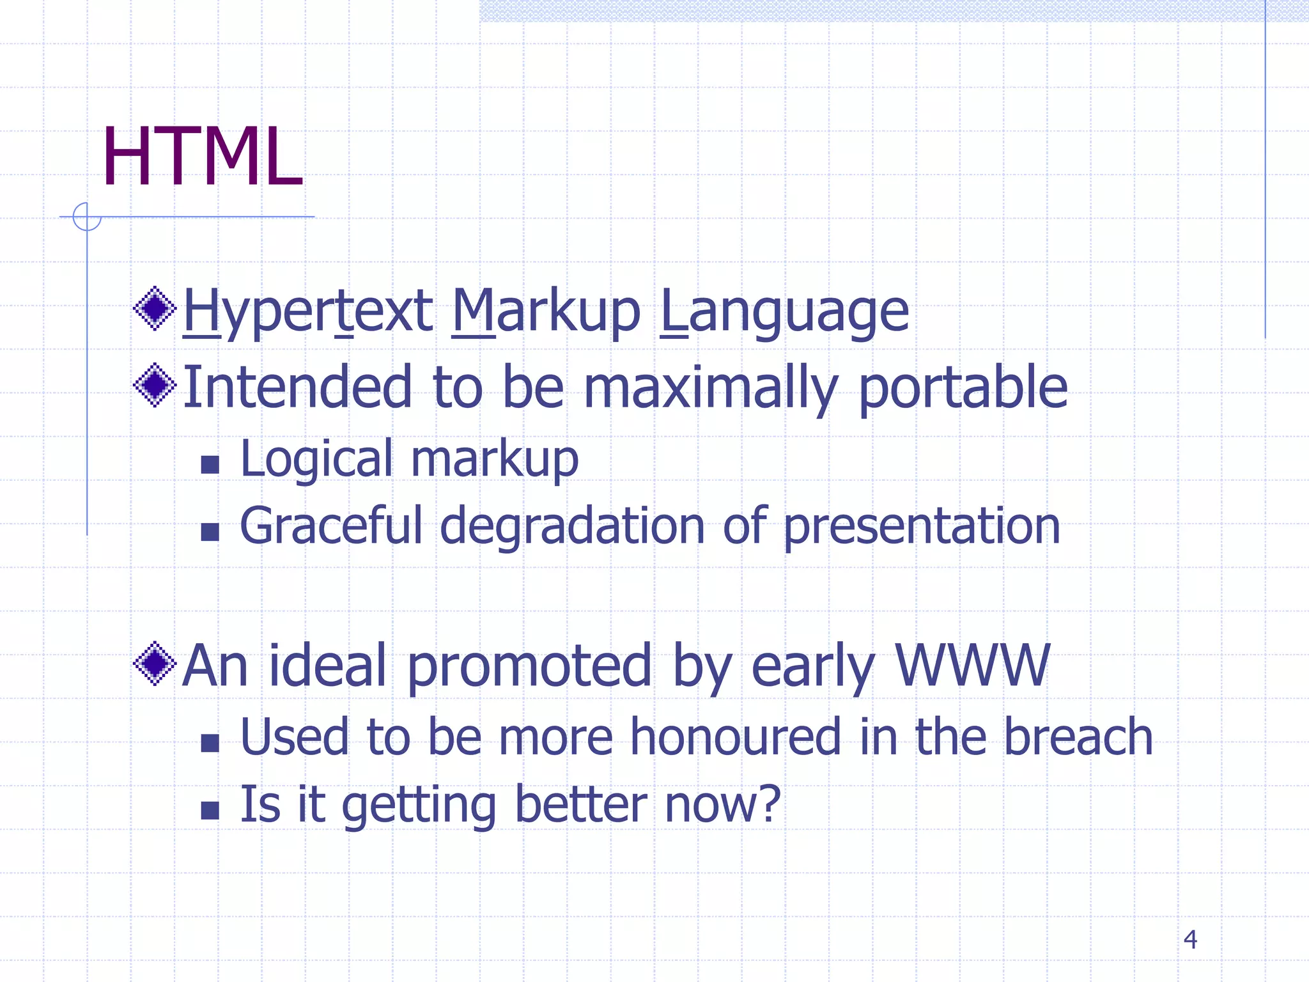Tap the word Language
point(784,311)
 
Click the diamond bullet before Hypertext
point(155,308)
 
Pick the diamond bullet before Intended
point(155,385)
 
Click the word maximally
point(710,387)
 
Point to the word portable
point(963,387)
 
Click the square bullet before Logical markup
point(210,464)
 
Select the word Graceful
point(331,526)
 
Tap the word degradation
point(572,526)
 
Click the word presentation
point(921,526)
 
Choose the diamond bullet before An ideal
point(155,664)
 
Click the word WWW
point(972,665)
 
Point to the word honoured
point(735,736)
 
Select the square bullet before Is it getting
point(210,810)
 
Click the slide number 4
point(1189,939)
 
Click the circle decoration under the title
point(87,217)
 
